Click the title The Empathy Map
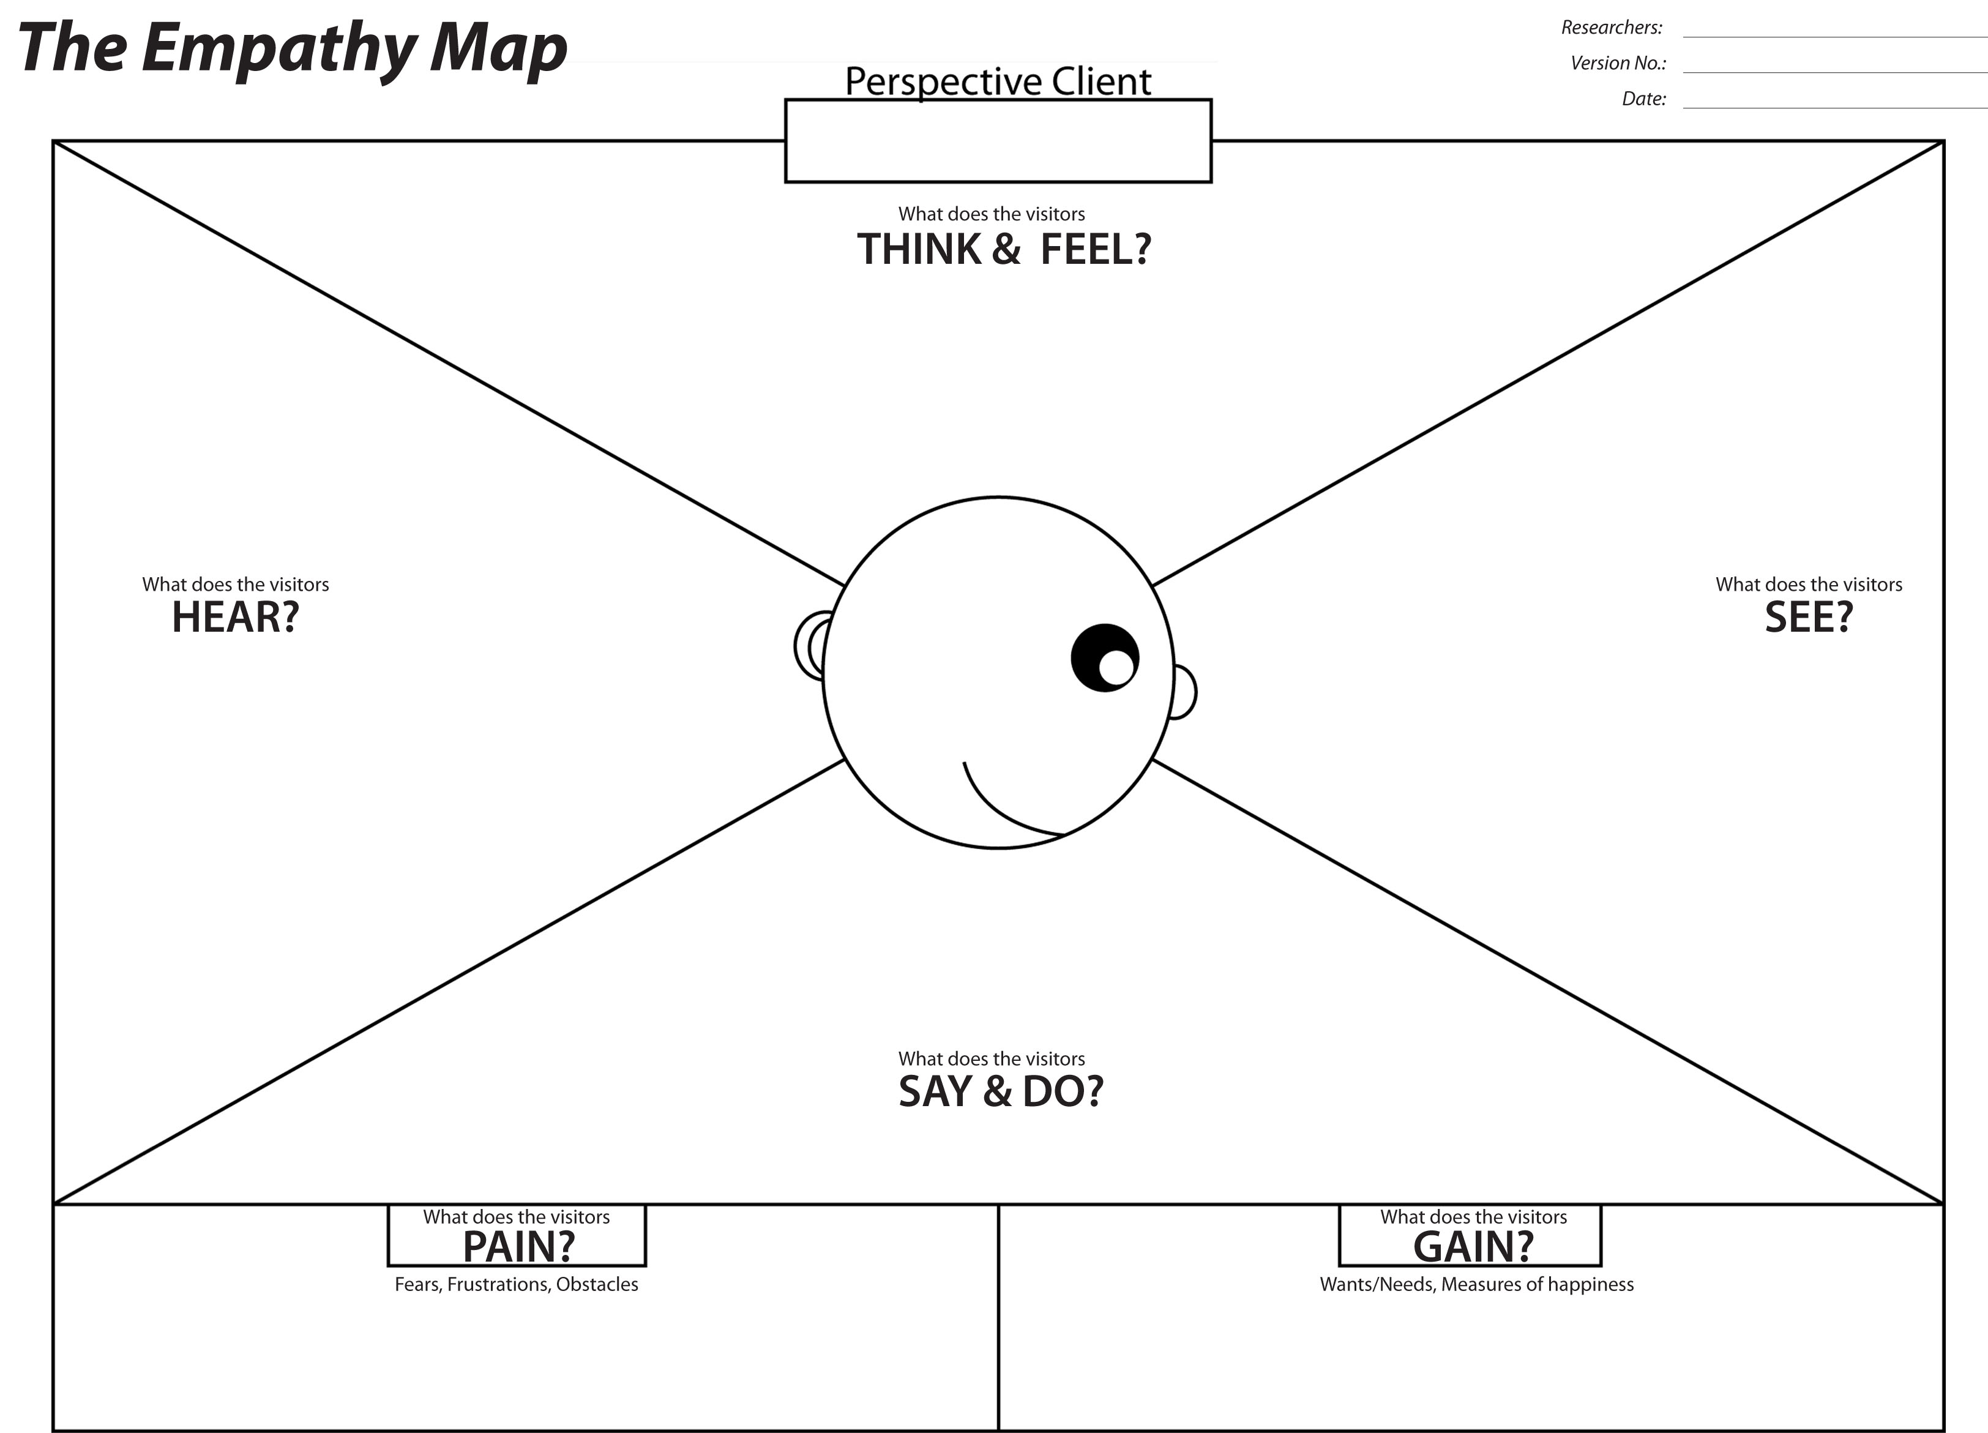(293, 48)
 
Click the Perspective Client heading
(998, 81)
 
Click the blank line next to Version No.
(1834, 72)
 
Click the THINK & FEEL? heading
(1004, 249)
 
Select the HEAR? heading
(235, 617)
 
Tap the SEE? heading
(1808, 617)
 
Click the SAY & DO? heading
(1001, 1091)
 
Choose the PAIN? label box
(517, 1235)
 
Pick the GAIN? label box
(1470, 1235)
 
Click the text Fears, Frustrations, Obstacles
(517, 1284)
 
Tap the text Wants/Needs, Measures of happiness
(1476, 1284)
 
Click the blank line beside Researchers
(1834, 37)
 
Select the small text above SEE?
(1808, 585)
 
